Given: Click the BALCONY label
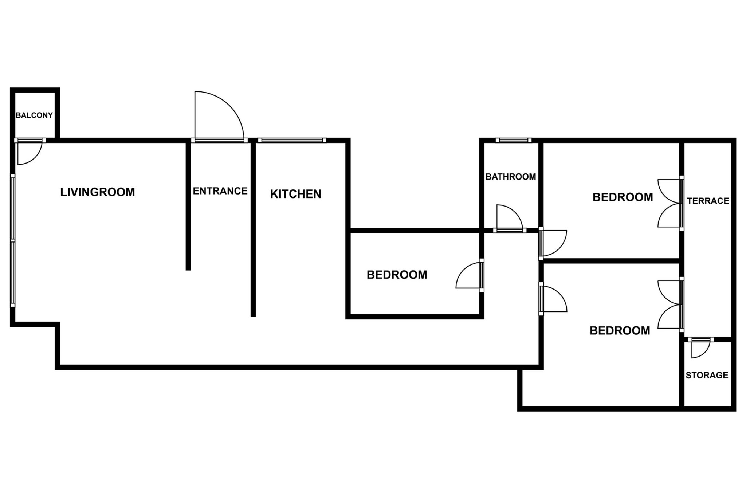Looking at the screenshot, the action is (x=34, y=115).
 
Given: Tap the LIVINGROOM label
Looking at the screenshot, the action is (x=98, y=192).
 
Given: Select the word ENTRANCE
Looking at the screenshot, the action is (x=220, y=191).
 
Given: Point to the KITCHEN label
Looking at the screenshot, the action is (x=295, y=194).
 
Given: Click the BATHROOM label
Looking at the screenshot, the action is (x=511, y=177).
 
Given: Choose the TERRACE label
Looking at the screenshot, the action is (x=708, y=201).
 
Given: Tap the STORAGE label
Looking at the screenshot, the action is (x=707, y=375).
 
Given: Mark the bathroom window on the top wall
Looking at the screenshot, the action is (x=513, y=140).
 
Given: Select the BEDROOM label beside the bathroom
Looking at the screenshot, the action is (x=623, y=197).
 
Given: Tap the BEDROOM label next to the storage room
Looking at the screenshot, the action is (x=620, y=331).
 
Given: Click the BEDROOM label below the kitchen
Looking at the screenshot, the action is (x=397, y=275).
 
